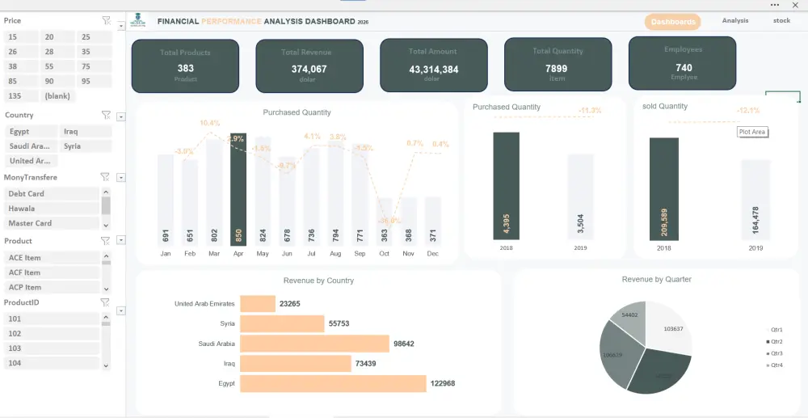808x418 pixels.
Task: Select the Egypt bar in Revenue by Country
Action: coord(333,383)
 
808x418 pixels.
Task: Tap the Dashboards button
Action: coord(672,22)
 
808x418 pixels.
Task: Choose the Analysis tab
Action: coord(735,21)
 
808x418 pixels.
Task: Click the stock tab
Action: coord(781,21)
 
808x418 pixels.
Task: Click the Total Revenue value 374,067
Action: coord(309,70)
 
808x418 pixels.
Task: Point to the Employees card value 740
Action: coord(684,68)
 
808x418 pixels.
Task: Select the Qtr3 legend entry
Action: coord(776,353)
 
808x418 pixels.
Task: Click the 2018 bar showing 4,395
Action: coord(507,186)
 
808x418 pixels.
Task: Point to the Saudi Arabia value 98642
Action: coord(403,344)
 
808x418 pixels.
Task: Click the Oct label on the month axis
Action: coord(384,253)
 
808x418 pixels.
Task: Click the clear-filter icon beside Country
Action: coord(106,116)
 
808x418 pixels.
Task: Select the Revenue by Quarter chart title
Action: coord(656,280)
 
